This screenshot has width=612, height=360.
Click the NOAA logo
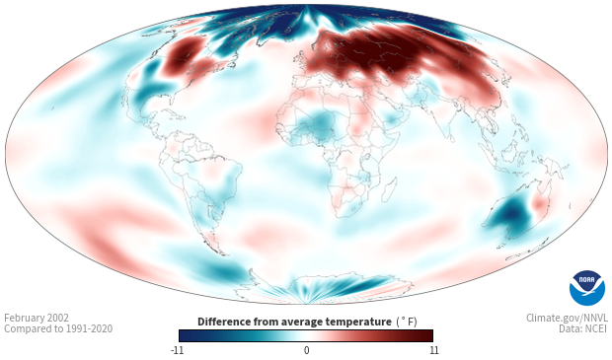click(x=586, y=288)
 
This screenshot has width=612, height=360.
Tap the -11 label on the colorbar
click(x=177, y=350)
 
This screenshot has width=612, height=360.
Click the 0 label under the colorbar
click(x=306, y=350)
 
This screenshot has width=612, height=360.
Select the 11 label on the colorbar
click(x=433, y=350)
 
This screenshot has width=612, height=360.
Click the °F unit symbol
click(x=407, y=323)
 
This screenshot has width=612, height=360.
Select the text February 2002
click(x=37, y=318)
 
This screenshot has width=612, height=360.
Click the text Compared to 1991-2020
click(x=58, y=328)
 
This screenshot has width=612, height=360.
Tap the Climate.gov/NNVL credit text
click(x=567, y=318)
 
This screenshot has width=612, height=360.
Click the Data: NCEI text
click(x=583, y=328)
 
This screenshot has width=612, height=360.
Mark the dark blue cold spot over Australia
click(x=511, y=215)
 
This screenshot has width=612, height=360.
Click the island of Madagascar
click(x=389, y=190)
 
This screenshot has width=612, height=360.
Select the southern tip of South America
click(x=223, y=253)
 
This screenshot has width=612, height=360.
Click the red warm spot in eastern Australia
click(x=540, y=204)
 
